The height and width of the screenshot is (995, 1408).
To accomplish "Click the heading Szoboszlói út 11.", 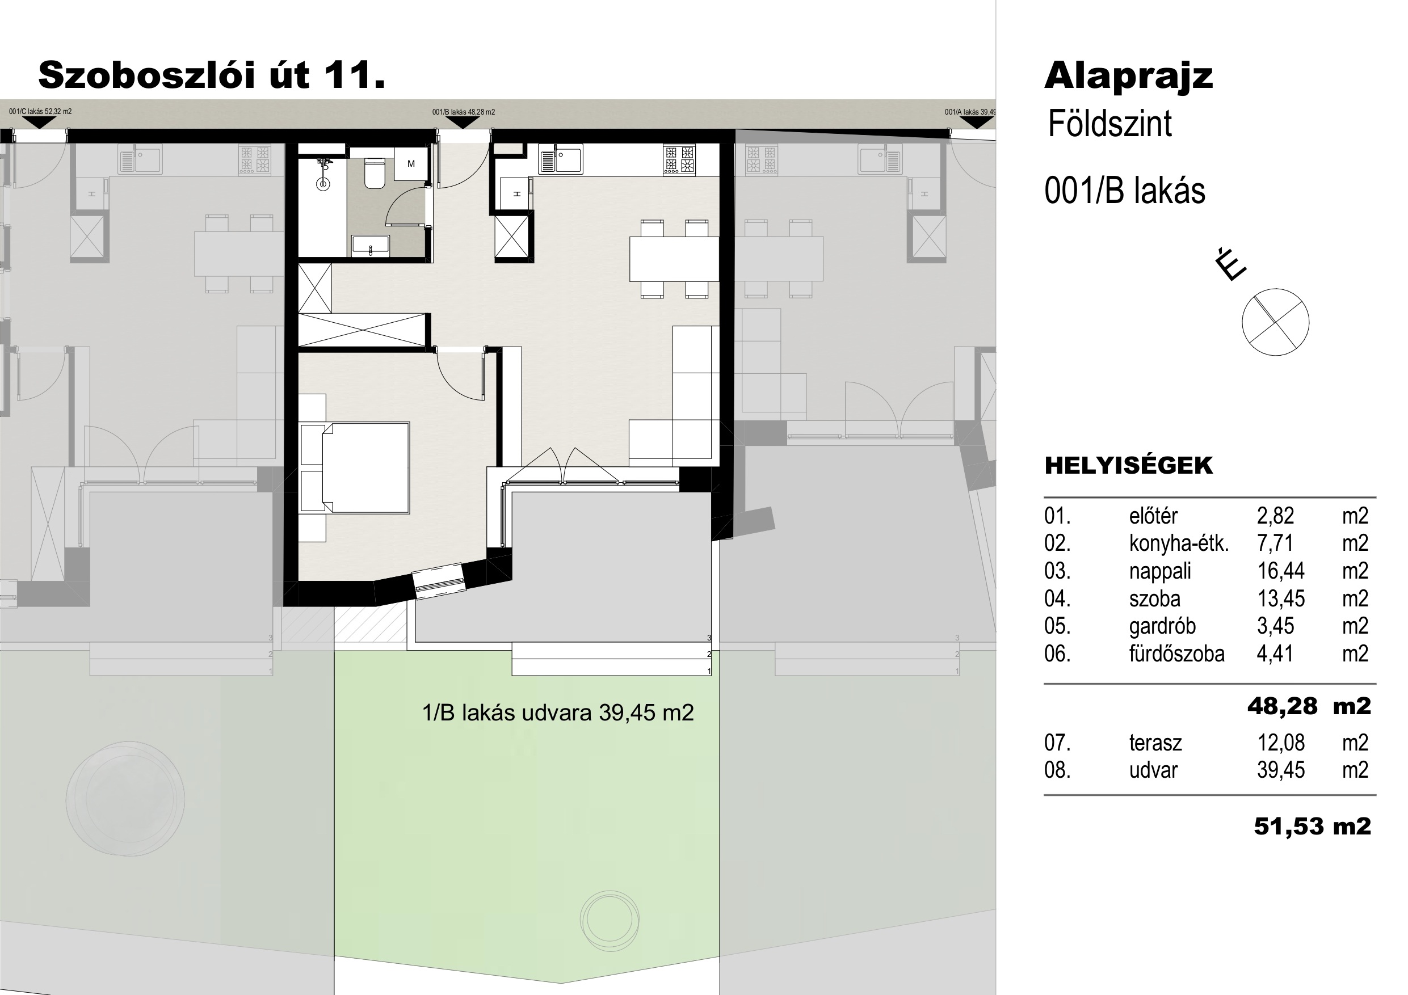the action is (x=212, y=75).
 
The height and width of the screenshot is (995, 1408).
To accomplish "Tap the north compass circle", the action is (x=1275, y=322).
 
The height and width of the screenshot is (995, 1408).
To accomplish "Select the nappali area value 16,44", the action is (x=1280, y=571).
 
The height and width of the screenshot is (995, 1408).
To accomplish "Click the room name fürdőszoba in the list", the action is (x=1176, y=654).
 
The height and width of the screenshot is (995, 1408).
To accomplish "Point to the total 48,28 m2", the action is (x=1309, y=706).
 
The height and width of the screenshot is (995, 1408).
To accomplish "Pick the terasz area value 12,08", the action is (x=1281, y=743).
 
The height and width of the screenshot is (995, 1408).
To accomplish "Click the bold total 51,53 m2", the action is (x=1312, y=827).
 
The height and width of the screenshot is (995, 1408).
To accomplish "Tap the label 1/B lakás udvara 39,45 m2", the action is (x=558, y=712).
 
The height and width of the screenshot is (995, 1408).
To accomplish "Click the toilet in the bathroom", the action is (x=374, y=173).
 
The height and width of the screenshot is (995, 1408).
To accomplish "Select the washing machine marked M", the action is (x=410, y=164).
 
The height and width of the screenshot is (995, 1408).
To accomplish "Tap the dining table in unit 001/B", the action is (x=674, y=259).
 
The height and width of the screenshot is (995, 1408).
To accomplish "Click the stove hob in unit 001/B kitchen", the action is (x=679, y=159).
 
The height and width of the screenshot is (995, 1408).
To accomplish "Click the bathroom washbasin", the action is (x=371, y=246).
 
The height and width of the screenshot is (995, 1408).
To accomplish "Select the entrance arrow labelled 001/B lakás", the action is (x=463, y=122).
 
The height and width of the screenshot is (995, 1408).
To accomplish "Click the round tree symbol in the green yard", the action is (x=610, y=920).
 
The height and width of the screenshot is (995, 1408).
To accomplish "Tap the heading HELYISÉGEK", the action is (x=1128, y=465).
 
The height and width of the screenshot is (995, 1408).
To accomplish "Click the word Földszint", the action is (x=1110, y=124).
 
